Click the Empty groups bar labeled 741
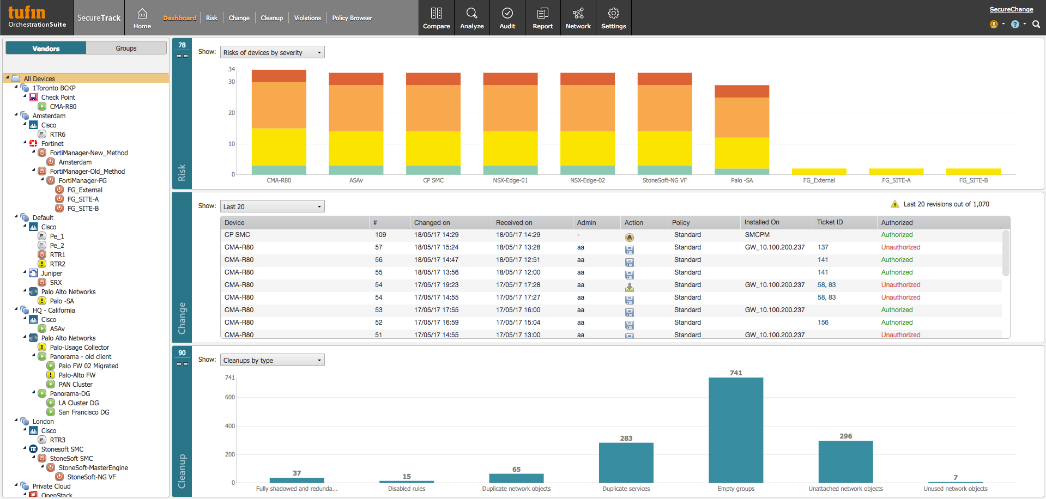pyautogui.click(x=736, y=430)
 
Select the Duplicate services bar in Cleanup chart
pyautogui.click(x=626, y=463)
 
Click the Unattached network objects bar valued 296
pyautogui.click(x=845, y=462)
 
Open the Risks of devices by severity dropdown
pyautogui.click(x=272, y=52)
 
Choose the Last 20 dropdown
pyautogui.click(x=272, y=206)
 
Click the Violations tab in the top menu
pyautogui.click(x=307, y=18)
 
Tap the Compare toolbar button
pyautogui.click(x=437, y=18)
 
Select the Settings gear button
pyautogui.click(x=613, y=18)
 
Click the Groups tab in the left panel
pyautogui.click(x=126, y=48)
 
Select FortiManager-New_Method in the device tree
pyautogui.click(x=89, y=153)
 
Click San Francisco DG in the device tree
pyautogui.click(x=84, y=412)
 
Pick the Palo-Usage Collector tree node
pyautogui.click(x=80, y=348)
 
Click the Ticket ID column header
pyautogui.click(x=830, y=222)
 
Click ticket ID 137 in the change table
pyautogui.click(x=823, y=247)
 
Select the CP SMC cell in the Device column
pyautogui.click(x=237, y=235)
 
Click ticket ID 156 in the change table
pyautogui.click(x=823, y=322)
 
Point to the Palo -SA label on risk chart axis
pyautogui.click(x=741, y=180)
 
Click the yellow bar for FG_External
pyautogui.click(x=819, y=172)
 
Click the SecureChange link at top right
pyautogui.click(x=1011, y=9)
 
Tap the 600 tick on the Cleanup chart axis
pyautogui.click(x=229, y=397)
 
